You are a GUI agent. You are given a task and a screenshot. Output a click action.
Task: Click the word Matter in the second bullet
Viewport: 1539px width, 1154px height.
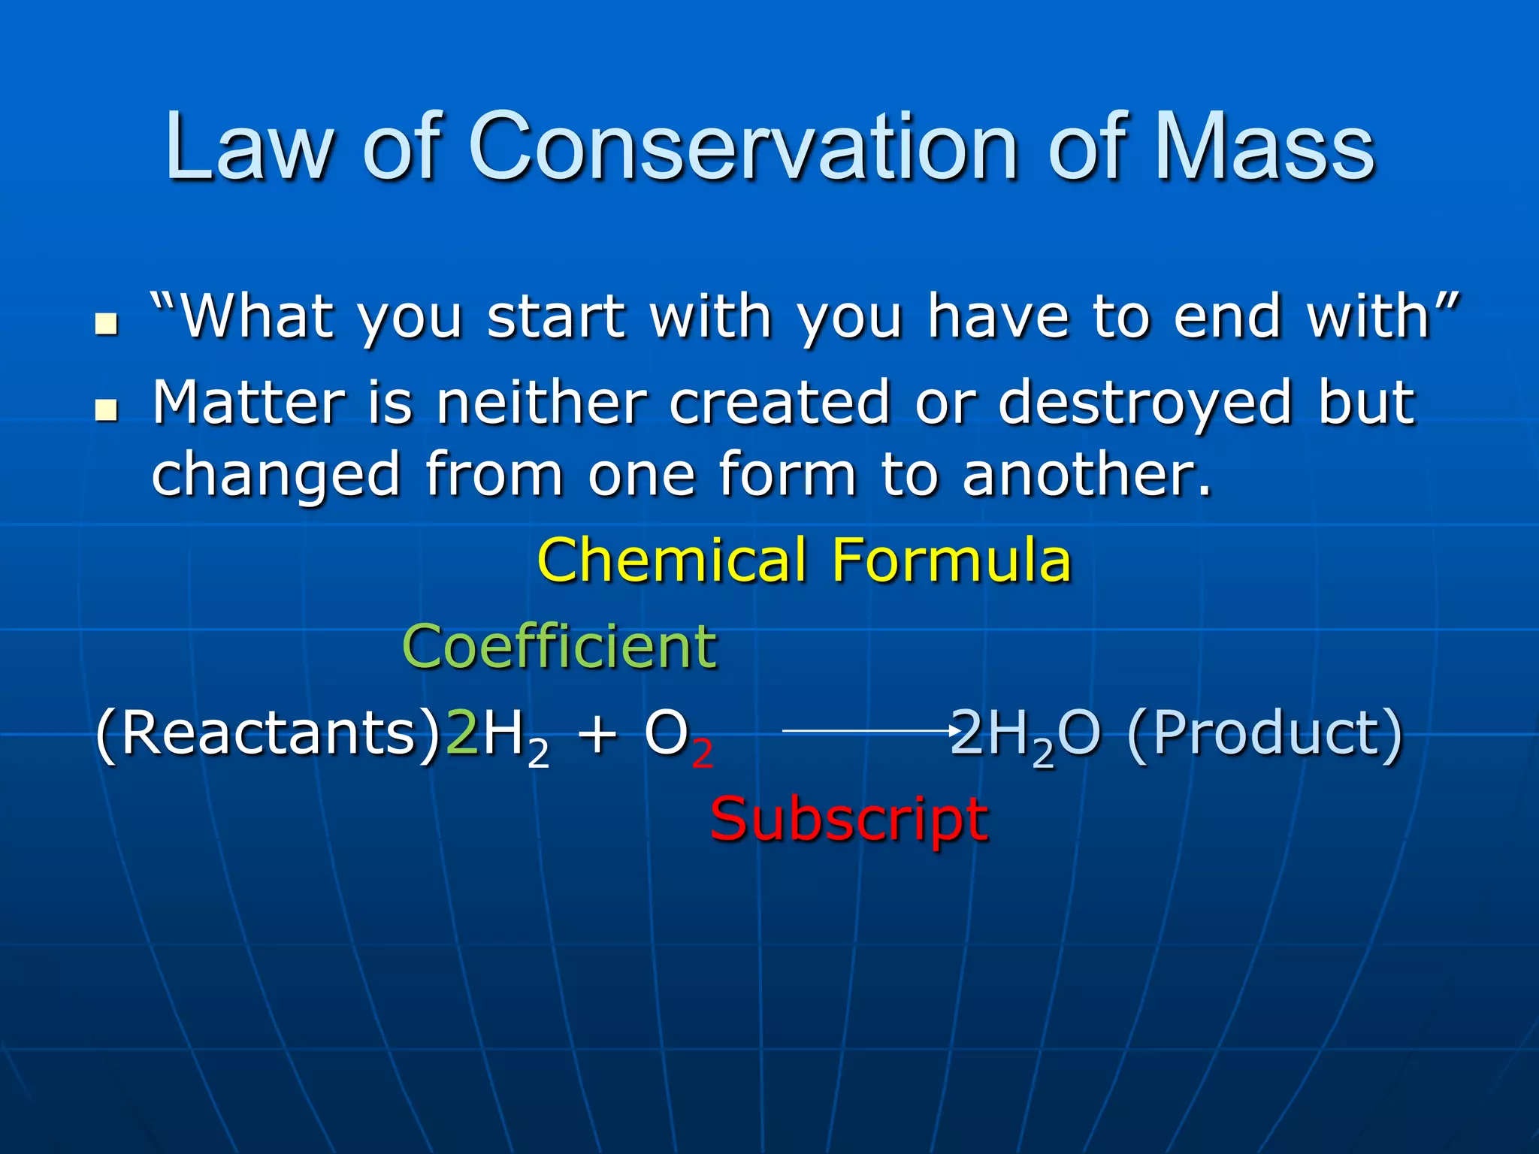(249, 403)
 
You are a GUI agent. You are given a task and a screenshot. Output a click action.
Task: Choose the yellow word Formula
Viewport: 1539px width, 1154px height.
(951, 560)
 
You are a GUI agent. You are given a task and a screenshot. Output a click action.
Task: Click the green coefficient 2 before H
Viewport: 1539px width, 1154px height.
(462, 733)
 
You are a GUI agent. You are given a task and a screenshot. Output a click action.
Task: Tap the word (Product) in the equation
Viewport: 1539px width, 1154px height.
(1265, 734)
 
